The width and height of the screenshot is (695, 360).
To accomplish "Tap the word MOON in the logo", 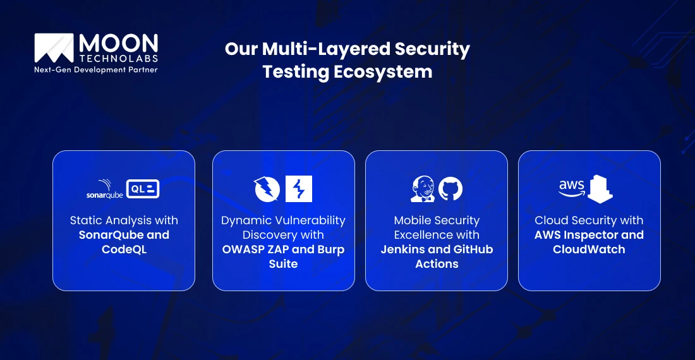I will pos(118,44).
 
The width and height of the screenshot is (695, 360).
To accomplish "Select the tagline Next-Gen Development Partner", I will pos(96,69).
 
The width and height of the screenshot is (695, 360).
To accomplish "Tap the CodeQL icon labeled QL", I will pos(142,188).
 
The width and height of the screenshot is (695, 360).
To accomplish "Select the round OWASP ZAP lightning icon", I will pos(267,189).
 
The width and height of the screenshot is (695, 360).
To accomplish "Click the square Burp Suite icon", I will pos(299,189).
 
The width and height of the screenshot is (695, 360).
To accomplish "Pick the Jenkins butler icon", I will pos(421,189).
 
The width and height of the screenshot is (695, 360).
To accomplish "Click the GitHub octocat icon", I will pos(450,189).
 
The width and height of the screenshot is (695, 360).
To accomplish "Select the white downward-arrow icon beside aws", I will pos(600,189).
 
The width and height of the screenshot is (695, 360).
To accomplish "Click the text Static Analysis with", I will pos(124,220).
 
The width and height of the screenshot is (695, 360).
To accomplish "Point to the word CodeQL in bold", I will pos(124,249).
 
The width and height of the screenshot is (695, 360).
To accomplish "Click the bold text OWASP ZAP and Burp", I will pos(283,249).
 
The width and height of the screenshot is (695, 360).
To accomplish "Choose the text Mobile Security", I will pos(437,220).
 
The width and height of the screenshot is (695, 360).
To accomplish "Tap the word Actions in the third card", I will pos(437,264).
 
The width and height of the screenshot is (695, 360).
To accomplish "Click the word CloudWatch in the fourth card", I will pos(589,249).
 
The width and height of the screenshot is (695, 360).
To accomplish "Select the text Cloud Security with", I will pos(589,220).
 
